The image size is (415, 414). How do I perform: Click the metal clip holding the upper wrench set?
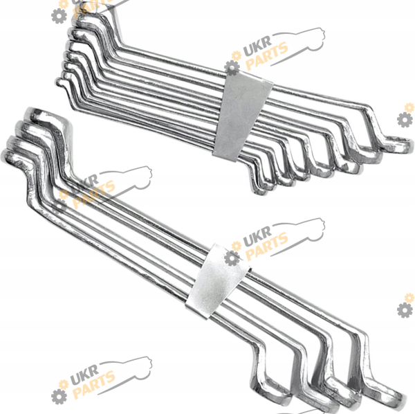[242, 116]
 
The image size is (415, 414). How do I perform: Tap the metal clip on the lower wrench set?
[217, 282]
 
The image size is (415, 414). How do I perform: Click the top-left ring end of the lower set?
[44, 116]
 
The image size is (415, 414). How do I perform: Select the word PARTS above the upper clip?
[266, 56]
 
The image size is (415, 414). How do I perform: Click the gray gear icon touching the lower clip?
[232, 258]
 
